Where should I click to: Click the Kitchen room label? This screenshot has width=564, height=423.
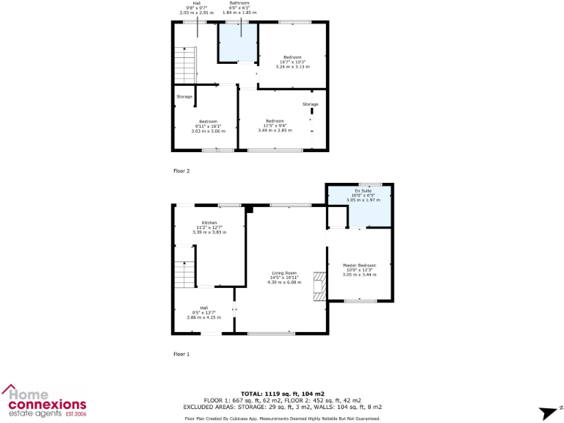pyautogui.click(x=209, y=223)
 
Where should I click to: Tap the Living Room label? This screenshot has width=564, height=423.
pyautogui.click(x=283, y=273)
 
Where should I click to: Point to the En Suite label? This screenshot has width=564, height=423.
pyautogui.click(x=359, y=190)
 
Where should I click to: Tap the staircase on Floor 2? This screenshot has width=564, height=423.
pyautogui.click(x=186, y=64)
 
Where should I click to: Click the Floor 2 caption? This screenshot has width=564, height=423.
pyautogui.click(x=181, y=171)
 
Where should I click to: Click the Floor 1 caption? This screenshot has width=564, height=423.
pyautogui.click(x=181, y=354)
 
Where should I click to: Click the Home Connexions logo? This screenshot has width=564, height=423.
pyautogui.click(x=45, y=400)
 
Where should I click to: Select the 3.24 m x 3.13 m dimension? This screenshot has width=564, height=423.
pyautogui.click(x=293, y=66)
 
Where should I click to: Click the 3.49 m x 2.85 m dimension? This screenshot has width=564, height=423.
pyautogui.click(x=275, y=130)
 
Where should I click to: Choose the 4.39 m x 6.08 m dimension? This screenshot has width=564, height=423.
pyautogui.click(x=283, y=282)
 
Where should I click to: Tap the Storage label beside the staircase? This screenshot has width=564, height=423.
pyautogui.click(x=184, y=97)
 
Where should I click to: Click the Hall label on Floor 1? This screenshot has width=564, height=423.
pyautogui.click(x=204, y=308)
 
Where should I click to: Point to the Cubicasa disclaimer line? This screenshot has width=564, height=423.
pyautogui.click(x=283, y=418)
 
